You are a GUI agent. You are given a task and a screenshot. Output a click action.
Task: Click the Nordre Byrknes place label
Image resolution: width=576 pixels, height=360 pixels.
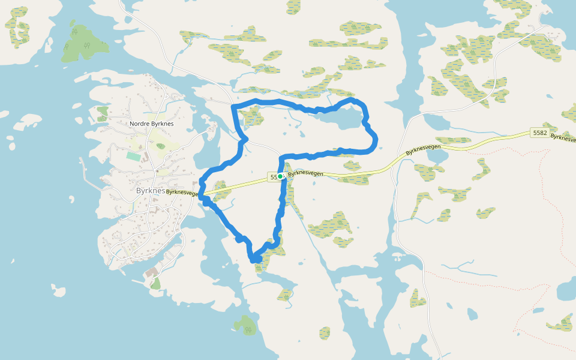[x=151, y=124]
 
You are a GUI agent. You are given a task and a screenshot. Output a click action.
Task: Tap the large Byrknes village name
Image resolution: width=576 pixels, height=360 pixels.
[x=151, y=190]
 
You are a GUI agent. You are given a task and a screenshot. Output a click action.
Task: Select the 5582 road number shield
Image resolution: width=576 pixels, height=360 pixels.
[x=539, y=133]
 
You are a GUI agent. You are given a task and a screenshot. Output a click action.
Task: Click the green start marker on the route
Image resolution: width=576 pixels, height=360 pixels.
[x=280, y=176]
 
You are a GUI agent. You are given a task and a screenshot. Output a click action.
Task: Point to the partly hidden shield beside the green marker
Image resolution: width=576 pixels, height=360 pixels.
[x=273, y=177]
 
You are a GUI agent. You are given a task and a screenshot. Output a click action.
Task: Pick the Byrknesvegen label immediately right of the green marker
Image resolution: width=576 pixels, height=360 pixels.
[x=305, y=174]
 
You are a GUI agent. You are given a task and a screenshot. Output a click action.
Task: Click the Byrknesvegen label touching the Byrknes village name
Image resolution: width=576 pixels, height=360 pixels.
[x=182, y=193]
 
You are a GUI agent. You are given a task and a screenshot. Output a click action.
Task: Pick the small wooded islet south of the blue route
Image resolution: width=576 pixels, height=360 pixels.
[x=245, y=325]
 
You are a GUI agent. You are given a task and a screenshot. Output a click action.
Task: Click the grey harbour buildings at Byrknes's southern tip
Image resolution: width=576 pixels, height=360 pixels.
[x=151, y=272]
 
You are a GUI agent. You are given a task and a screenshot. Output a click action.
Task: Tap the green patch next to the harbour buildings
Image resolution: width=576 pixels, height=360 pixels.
[x=155, y=283]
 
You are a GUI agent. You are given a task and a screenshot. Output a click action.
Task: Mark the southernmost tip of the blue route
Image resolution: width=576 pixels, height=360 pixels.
[x=254, y=260]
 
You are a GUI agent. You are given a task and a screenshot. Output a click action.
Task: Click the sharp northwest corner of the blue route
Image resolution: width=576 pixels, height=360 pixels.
[x=233, y=107]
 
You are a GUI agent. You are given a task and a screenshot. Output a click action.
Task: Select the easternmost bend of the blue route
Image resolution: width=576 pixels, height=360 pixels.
[x=376, y=142]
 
